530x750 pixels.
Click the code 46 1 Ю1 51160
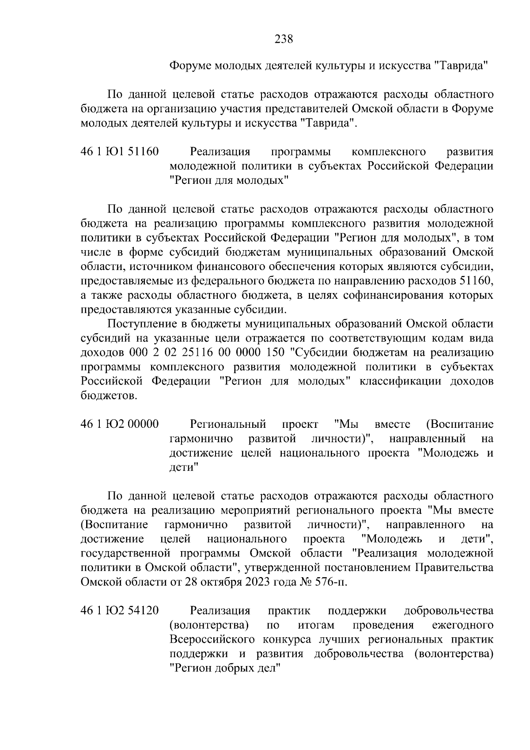pyautogui.click(x=120, y=152)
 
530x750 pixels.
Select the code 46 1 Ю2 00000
pyautogui.click(x=120, y=424)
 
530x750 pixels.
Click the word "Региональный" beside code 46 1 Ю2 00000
pyautogui.click(x=227, y=424)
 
